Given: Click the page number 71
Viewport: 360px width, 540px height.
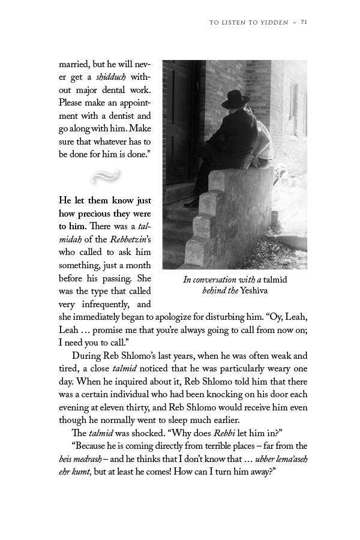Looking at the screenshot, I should pos(304,22).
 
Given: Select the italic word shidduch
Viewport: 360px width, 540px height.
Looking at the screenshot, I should pos(110,77).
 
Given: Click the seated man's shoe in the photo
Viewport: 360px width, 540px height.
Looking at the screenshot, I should pos(191,202).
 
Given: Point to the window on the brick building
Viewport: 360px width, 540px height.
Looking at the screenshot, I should pos(295,108).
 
